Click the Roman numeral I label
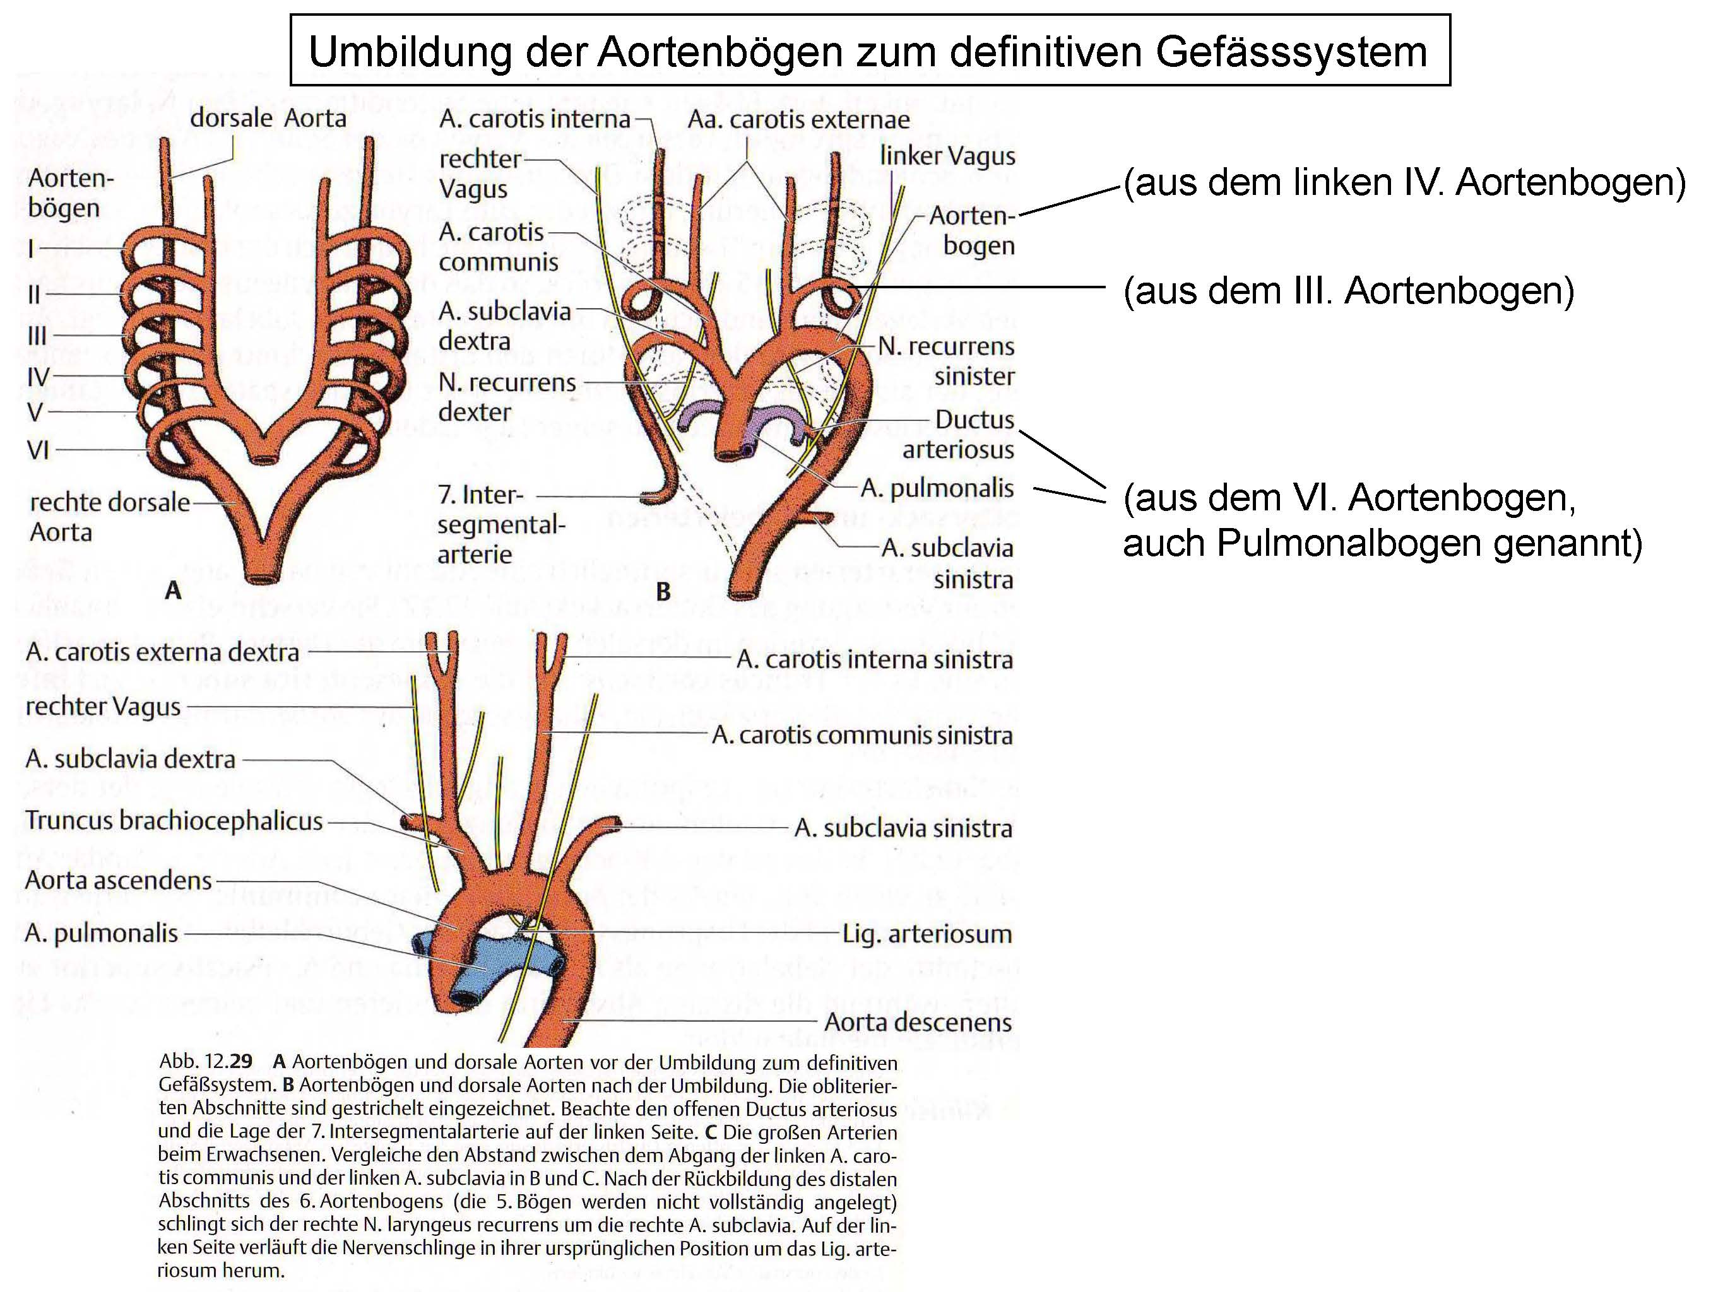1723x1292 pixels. click(x=30, y=249)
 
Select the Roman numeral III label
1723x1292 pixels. click(x=37, y=336)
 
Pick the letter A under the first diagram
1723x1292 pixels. click(x=173, y=590)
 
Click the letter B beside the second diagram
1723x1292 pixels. click(x=663, y=592)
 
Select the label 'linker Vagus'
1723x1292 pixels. click(x=947, y=156)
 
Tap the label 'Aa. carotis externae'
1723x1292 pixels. click(x=798, y=119)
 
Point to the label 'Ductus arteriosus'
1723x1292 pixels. click(x=957, y=434)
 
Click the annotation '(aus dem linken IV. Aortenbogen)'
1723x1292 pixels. click(x=1404, y=182)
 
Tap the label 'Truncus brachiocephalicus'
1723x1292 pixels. click(x=174, y=820)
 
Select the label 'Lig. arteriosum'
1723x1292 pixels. click(x=927, y=933)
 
